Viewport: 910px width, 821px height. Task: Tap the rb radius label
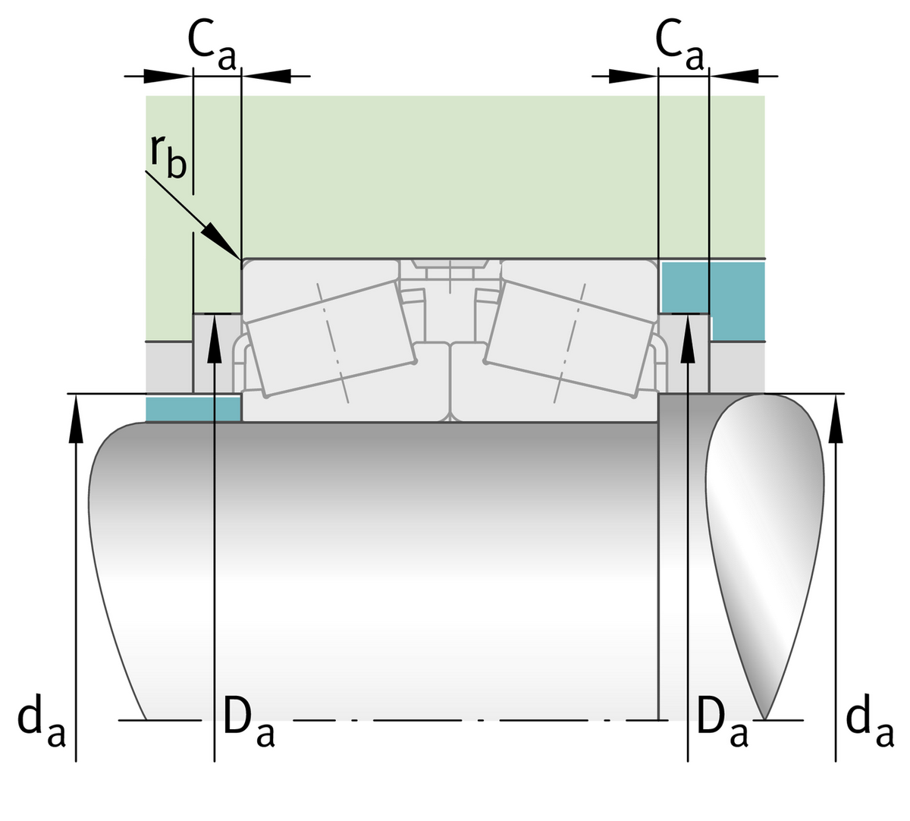(x=168, y=156)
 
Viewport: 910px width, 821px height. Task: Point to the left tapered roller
(x=331, y=337)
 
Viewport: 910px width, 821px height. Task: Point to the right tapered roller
(x=569, y=337)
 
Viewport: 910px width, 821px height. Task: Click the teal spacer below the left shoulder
(x=193, y=407)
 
